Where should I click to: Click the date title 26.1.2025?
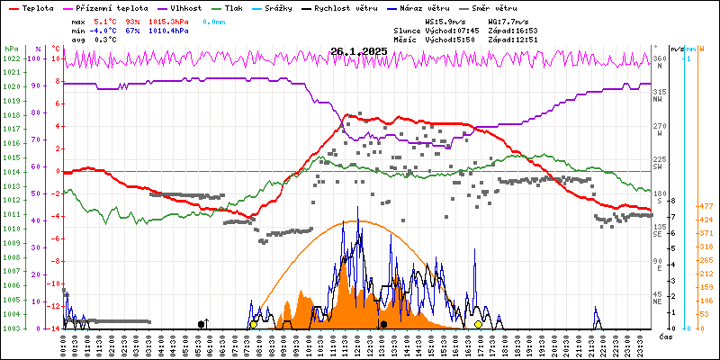point(358,51)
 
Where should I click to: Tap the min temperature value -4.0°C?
point(106,31)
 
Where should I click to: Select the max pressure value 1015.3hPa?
point(168,21)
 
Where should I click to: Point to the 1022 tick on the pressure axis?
point(11,58)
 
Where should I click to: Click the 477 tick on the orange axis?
point(706,206)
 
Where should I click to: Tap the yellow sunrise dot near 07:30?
point(254,324)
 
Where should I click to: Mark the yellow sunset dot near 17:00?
point(478,324)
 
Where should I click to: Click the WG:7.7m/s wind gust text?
point(508,21)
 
